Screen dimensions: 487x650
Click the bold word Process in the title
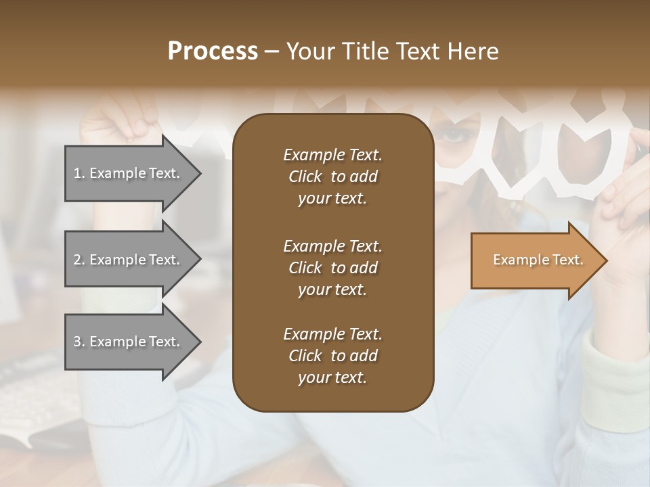pyautogui.click(x=213, y=51)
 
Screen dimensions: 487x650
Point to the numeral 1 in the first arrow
pyautogui.click(x=77, y=174)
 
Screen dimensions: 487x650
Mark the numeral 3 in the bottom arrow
pyautogui.click(x=77, y=342)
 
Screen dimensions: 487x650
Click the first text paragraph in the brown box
pyautogui.click(x=332, y=177)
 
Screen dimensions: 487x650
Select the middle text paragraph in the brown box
pyautogui.click(x=332, y=268)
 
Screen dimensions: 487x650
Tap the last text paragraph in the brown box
pyautogui.click(x=332, y=356)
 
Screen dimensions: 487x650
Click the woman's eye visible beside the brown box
pyautogui.click(x=452, y=135)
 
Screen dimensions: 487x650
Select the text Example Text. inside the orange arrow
pyautogui.click(x=538, y=260)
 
